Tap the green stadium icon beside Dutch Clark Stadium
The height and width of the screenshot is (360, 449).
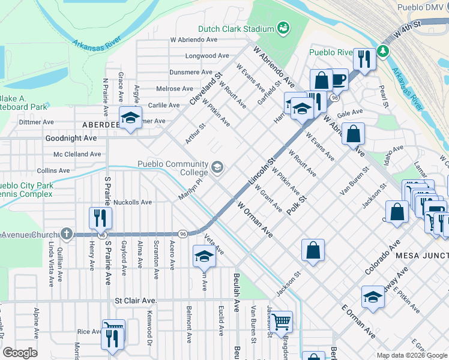point(283,28)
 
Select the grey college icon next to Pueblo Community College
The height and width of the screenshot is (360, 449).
point(217,166)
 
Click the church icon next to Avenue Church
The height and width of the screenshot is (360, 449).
point(67,233)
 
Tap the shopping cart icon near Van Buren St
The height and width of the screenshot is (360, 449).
point(280,322)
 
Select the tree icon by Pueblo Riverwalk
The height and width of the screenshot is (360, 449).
point(382,52)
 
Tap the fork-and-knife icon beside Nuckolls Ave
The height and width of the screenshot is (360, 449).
point(100,218)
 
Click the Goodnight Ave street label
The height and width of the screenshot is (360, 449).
point(71,138)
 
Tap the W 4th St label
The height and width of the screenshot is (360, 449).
point(409,27)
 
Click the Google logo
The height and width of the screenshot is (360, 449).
point(20,353)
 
